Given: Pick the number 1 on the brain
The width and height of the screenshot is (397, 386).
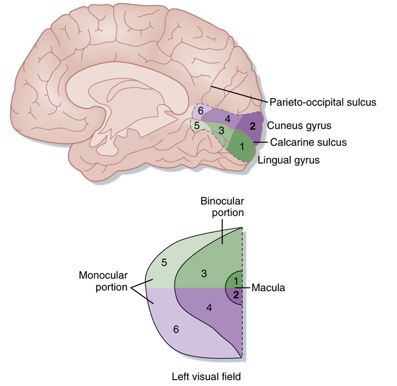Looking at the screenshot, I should [242, 148].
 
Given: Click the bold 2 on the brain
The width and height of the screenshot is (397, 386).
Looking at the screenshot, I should [253, 126].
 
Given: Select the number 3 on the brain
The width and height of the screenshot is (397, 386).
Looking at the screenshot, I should [221, 131].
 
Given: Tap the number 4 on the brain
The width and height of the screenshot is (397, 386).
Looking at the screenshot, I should [228, 119].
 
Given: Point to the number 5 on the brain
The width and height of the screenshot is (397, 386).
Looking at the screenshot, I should [197, 126].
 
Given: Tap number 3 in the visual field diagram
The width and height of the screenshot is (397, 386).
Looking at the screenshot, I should [203, 274].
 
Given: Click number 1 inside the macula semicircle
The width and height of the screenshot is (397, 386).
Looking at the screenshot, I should [236, 281].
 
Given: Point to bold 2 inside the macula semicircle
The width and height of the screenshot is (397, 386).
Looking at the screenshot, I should [236, 294].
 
